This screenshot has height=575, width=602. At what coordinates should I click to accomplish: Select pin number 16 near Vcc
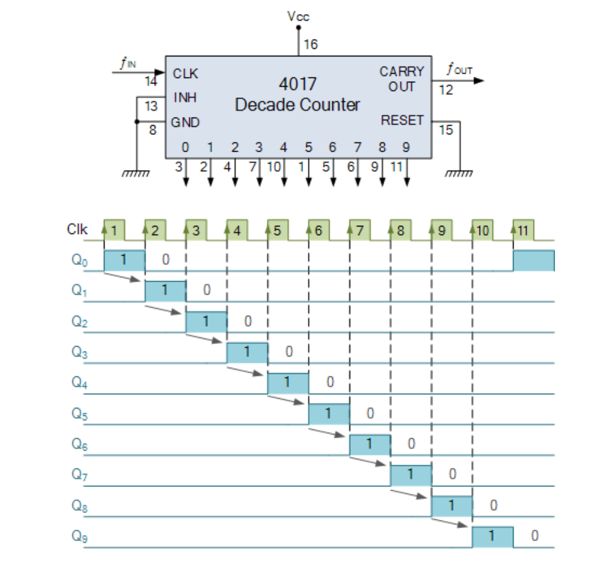coord(311,45)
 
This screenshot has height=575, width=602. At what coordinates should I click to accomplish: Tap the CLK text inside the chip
coord(186,74)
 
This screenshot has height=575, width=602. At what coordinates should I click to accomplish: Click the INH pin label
coord(185,98)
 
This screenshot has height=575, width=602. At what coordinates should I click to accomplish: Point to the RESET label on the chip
coord(402,120)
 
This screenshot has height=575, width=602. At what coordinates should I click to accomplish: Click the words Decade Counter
coord(297,105)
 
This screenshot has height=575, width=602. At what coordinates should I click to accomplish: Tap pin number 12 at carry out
coord(445,90)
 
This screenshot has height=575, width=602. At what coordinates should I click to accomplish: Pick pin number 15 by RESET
coord(445,130)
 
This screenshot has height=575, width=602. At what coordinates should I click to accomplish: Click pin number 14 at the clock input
coord(151,82)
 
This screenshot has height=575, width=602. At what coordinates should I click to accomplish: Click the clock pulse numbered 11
coord(523,231)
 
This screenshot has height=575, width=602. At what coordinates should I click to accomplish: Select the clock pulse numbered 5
coord(277,231)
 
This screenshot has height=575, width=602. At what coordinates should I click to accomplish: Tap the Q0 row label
coord(80,261)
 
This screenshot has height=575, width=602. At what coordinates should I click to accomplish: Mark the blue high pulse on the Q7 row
coord(411,475)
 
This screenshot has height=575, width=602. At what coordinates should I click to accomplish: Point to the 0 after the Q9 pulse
coord(535,536)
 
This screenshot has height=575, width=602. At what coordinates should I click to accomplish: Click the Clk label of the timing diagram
coord(77,230)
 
